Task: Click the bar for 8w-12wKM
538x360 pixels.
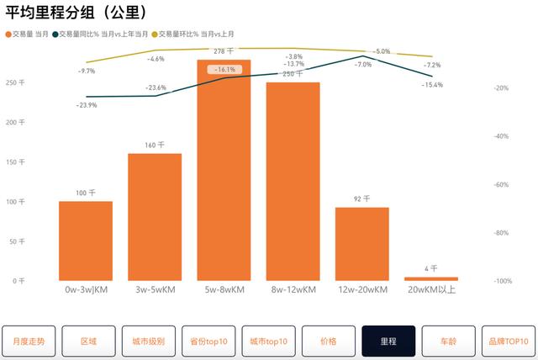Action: pos(293,181)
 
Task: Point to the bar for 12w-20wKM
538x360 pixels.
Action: pos(361,243)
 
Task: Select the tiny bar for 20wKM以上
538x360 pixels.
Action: pos(431,278)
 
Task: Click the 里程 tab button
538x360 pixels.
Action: pos(388,341)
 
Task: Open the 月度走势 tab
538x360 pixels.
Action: pos(29,341)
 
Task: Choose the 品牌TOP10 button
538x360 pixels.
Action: pos(509,341)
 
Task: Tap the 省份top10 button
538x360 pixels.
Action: pos(208,341)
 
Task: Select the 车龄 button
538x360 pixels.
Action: pos(449,341)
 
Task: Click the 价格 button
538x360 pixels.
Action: pos(329,341)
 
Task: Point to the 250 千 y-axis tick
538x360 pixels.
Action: pos(15,82)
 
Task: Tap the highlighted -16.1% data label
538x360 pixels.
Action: pos(224,70)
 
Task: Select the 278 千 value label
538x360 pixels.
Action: pos(224,51)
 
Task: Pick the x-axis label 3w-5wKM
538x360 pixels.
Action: pos(155,290)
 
